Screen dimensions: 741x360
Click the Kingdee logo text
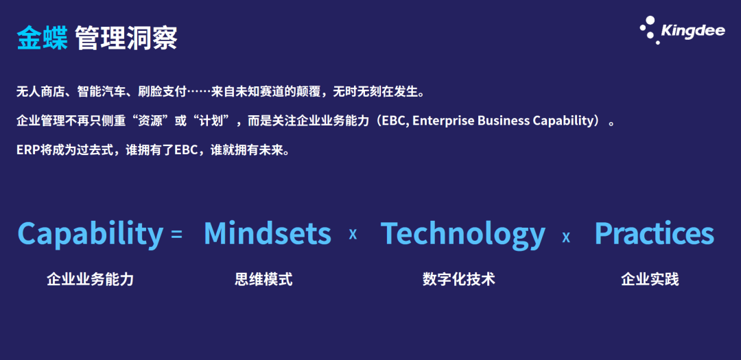[x=693, y=31]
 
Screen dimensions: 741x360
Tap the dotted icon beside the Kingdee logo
[x=649, y=29]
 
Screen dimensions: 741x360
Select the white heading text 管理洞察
[x=126, y=38]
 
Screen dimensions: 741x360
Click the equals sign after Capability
[x=177, y=235]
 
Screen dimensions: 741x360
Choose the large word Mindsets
[x=268, y=233]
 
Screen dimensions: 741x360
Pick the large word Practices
[x=655, y=233]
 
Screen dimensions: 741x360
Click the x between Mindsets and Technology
[x=353, y=235]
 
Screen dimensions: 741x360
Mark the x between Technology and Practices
[x=566, y=237]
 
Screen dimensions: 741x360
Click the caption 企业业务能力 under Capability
[x=91, y=279]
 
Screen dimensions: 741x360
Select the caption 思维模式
[x=263, y=279]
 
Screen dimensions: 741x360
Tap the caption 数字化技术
[x=459, y=279]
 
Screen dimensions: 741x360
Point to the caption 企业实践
[x=650, y=279]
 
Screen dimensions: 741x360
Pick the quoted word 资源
[x=151, y=121]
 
